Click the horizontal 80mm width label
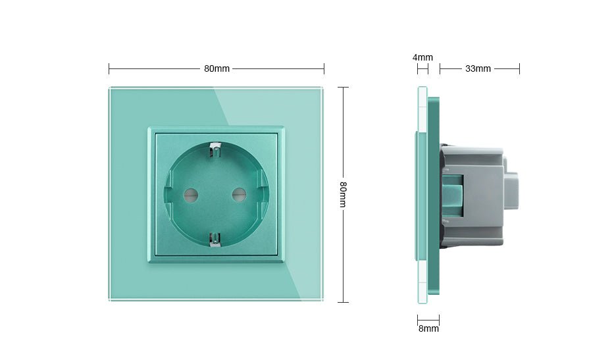click(217, 68)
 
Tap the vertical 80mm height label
click(343, 194)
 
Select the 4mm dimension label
click(422, 57)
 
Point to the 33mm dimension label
click(478, 68)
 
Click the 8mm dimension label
click(428, 328)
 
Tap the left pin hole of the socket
click(191, 194)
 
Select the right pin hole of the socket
click(239, 194)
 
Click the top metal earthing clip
click(215, 150)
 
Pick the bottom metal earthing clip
click(215, 240)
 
